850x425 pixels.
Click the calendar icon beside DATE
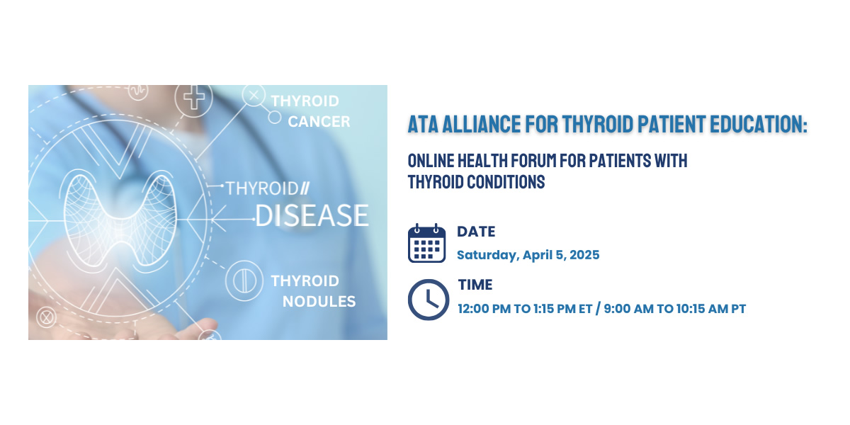pos(426,243)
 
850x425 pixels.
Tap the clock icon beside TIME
pos(429,300)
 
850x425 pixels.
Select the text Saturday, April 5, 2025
pos(528,255)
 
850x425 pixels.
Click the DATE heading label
pos(476,232)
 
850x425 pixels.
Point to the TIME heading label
pos(475,285)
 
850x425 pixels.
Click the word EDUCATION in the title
pos(759,124)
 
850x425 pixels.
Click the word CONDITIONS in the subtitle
pos(506,182)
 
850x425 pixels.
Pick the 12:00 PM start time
pos(484,309)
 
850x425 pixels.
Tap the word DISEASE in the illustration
pos(312,215)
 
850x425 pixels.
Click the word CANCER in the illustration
pos(319,122)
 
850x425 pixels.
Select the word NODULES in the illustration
pos(319,302)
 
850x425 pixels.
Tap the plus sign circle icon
pos(193,98)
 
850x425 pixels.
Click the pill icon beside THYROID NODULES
pos(244,280)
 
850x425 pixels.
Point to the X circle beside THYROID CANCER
pos(254,95)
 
